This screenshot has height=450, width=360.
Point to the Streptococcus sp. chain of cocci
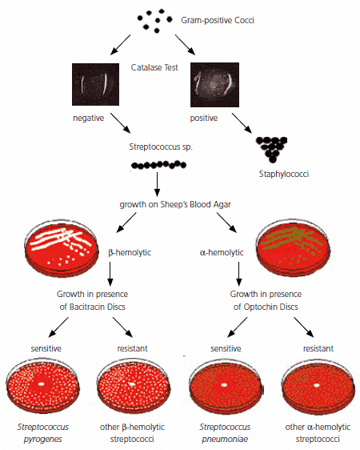tap(158, 165)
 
